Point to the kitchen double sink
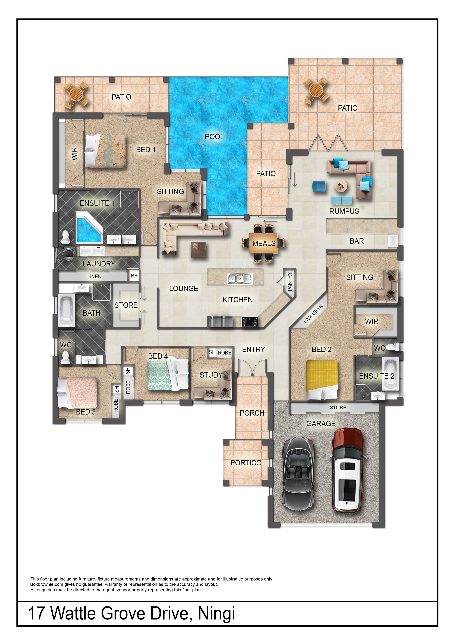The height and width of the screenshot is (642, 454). [239, 279]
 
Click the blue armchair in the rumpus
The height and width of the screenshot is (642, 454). [319, 186]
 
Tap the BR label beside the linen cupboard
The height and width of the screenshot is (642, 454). [134, 276]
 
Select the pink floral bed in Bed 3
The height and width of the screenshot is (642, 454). [77, 393]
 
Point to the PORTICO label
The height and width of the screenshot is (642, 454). [246, 463]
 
